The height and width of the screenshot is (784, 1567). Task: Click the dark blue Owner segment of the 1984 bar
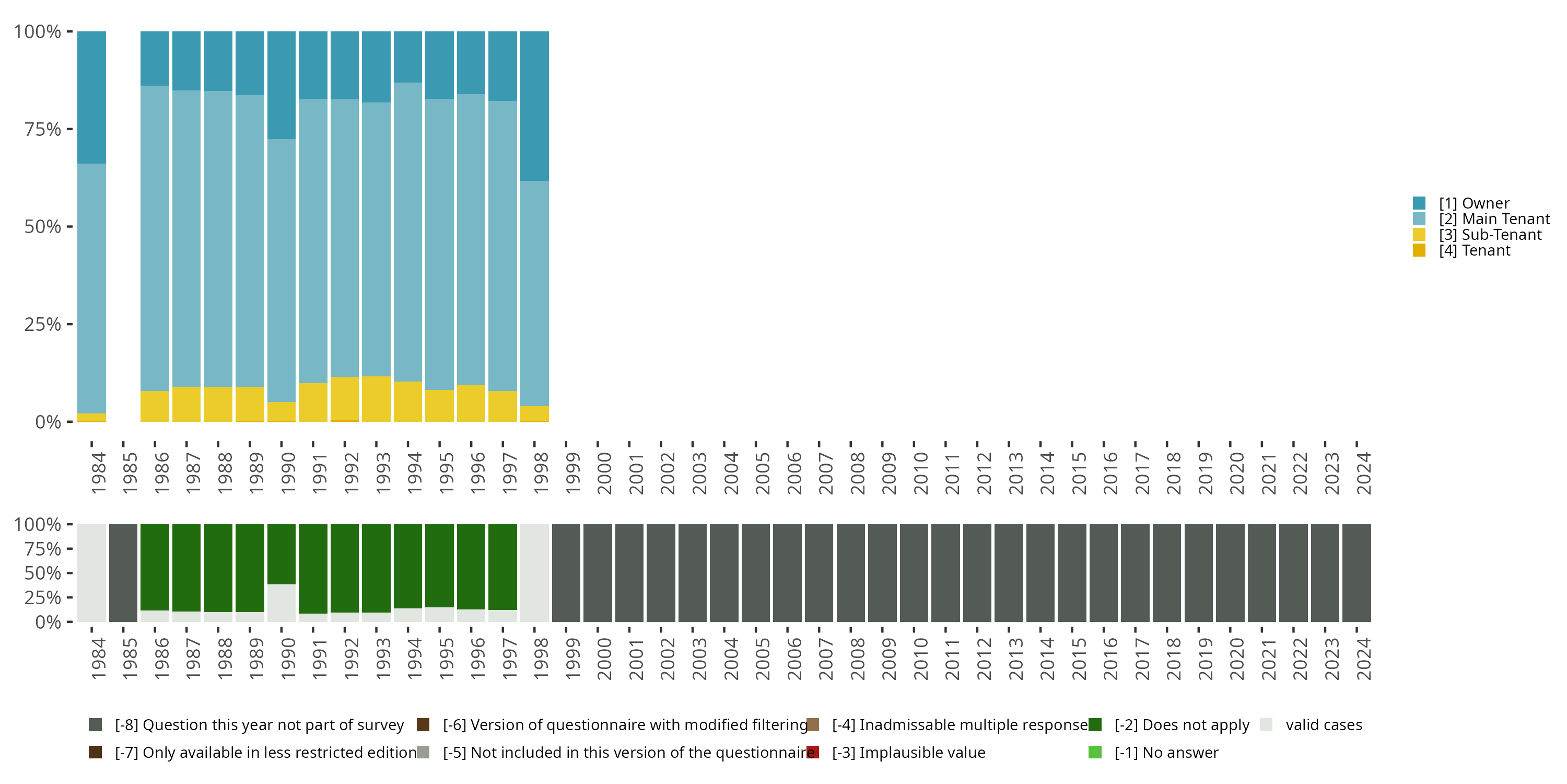click(91, 97)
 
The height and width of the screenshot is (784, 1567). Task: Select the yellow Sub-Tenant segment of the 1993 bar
click(376, 399)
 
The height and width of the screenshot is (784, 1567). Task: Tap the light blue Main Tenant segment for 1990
click(281, 270)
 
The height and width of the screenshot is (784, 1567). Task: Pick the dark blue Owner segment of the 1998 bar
click(534, 106)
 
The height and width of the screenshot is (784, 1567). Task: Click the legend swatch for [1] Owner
click(1419, 203)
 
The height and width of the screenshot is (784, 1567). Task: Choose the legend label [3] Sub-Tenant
click(1490, 235)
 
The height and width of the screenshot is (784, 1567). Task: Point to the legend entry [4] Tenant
click(1474, 251)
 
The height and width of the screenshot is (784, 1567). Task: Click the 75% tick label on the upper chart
click(43, 129)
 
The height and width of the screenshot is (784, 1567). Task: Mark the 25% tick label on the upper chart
click(43, 325)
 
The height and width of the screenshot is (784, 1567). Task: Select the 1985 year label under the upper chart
click(130, 473)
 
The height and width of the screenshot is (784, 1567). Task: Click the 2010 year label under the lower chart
click(921, 659)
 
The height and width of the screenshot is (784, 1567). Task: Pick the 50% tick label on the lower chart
click(43, 573)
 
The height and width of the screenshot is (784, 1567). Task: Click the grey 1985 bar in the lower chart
click(123, 573)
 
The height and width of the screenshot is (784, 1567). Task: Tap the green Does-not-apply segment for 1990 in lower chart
click(281, 554)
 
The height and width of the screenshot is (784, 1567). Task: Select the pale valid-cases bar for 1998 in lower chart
click(534, 573)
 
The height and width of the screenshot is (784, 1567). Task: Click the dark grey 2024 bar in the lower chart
click(1356, 573)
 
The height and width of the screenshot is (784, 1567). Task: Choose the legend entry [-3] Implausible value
click(908, 752)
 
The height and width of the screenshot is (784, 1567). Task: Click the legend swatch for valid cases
click(1267, 725)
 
